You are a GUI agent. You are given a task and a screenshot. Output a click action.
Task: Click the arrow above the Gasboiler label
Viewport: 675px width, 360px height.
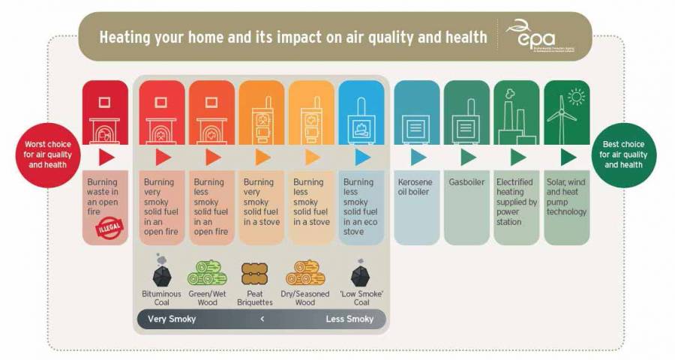pyautogui.click(x=468, y=157)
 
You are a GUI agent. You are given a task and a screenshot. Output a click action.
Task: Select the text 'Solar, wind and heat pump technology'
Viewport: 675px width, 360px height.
pyautogui.click(x=566, y=196)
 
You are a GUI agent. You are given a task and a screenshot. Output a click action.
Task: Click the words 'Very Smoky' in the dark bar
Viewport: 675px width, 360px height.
pyautogui.click(x=172, y=319)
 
